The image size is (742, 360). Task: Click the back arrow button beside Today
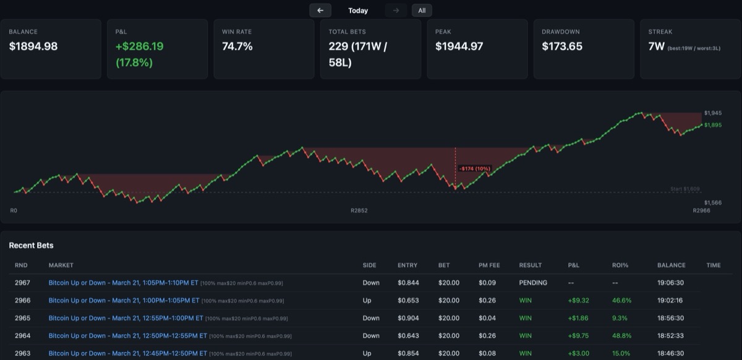tap(320, 11)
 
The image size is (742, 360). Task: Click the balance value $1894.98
tap(33, 46)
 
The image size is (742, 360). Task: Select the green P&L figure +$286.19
tap(140, 46)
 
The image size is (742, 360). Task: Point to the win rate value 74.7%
tap(237, 46)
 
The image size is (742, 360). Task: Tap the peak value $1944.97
tap(459, 46)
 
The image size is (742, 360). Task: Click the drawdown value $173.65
tap(562, 46)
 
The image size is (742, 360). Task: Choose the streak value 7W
tap(656, 46)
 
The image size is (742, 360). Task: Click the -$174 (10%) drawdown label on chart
tap(474, 168)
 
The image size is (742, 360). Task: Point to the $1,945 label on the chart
tap(712, 113)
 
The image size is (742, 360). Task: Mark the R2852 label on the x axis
tap(359, 211)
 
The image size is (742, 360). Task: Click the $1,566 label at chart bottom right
tap(712, 202)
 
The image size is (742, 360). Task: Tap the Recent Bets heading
tap(31, 246)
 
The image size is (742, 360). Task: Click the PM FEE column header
tap(489, 265)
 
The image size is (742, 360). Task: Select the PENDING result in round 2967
tap(533, 283)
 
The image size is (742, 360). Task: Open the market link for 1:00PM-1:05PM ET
tap(124, 301)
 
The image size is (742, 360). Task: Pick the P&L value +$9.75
tap(579, 336)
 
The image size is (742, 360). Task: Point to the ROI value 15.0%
tap(621, 353)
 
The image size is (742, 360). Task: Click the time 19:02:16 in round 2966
tap(670, 301)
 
